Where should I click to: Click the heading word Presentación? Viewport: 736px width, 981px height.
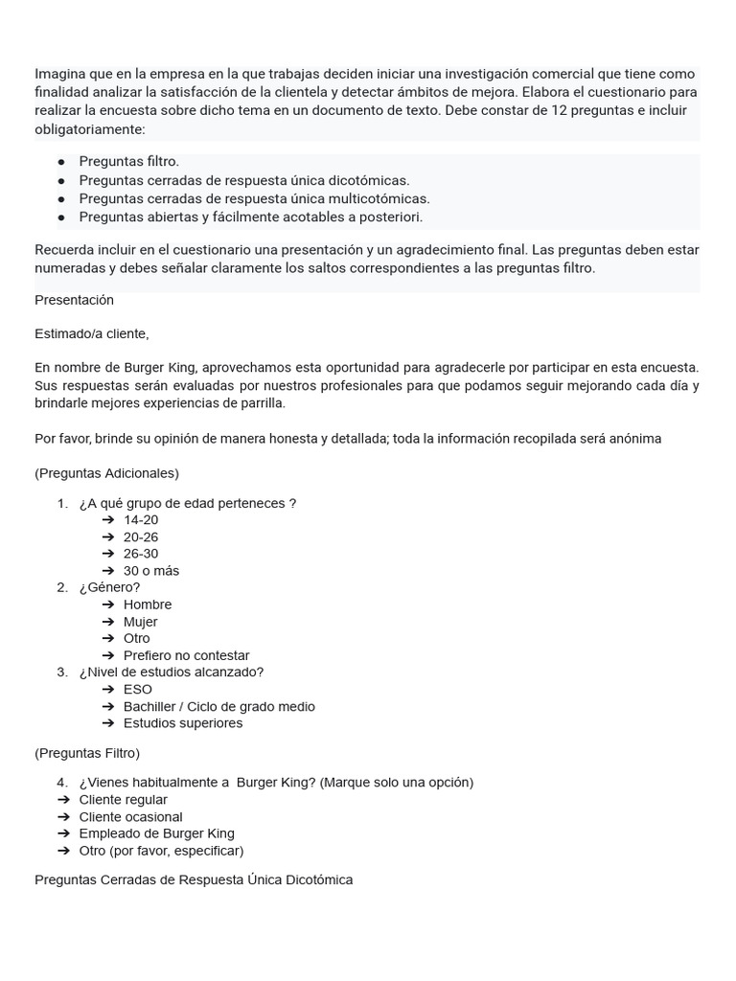74,300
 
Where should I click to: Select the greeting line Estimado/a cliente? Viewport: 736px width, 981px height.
92,333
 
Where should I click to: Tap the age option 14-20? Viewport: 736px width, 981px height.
141,520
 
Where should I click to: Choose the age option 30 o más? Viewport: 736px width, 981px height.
151,571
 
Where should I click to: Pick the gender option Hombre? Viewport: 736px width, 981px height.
148,605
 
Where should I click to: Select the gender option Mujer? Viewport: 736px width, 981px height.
141,622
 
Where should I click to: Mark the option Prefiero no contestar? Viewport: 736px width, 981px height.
186,655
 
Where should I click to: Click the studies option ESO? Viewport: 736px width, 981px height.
138,689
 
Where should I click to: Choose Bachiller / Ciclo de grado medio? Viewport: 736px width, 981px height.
218,706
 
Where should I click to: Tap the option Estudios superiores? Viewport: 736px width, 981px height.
183,723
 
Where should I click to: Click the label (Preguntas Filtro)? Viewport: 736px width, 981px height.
87,753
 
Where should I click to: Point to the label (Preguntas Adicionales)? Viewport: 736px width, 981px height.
106,473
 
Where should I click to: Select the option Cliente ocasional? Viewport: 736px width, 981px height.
130,817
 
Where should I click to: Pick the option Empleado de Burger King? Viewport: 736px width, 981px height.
156,833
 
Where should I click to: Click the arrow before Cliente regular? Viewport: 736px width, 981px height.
63,800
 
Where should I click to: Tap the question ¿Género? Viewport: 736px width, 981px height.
109,587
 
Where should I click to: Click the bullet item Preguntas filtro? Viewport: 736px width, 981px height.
128,162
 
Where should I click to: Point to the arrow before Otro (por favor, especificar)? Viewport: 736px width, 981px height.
63,851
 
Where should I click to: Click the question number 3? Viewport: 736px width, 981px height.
61,673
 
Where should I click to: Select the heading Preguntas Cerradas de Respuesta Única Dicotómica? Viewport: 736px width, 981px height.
194,879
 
